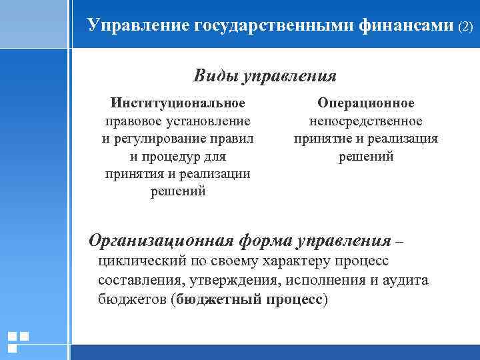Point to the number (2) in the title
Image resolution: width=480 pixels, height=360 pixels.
click(x=465, y=27)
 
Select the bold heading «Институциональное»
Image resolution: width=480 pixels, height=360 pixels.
click(x=178, y=103)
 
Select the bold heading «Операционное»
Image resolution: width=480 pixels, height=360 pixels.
click(x=366, y=103)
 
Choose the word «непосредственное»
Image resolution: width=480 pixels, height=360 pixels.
click(x=366, y=121)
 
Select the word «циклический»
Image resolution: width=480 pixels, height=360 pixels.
click(x=140, y=261)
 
